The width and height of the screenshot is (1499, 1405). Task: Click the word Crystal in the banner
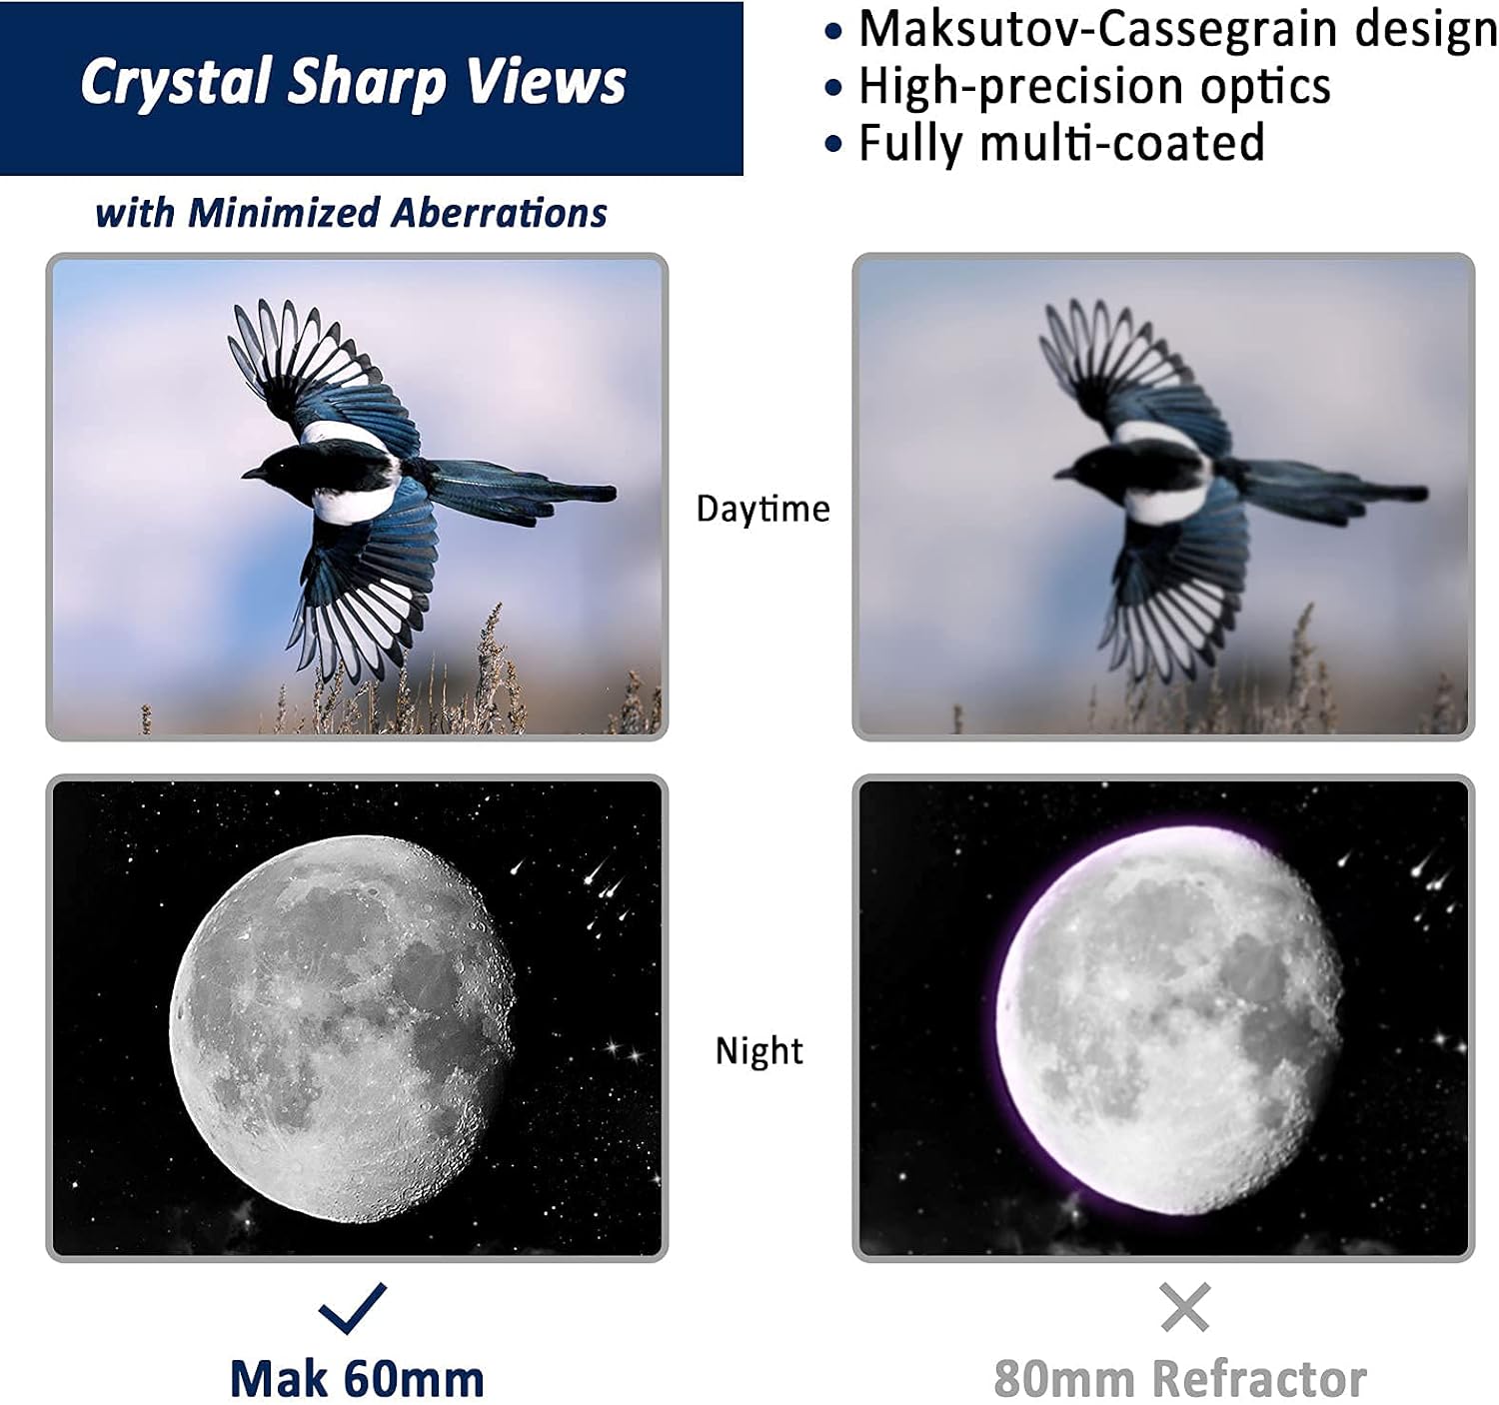pyautogui.click(x=176, y=82)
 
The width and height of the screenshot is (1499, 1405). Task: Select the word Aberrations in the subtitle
pyautogui.click(x=499, y=213)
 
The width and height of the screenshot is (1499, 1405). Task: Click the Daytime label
pyautogui.click(x=763, y=509)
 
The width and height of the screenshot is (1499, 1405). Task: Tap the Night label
pyautogui.click(x=759, y=1050)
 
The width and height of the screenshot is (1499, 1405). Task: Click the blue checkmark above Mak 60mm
pyautogui.click(x=353, y=1308)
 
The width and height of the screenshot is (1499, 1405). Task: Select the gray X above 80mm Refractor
pyautogui.click(x=1185, y=1307)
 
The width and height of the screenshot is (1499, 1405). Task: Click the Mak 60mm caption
pyautogui.click(x=357, y=1379)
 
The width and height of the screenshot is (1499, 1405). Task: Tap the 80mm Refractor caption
pyautogui.click(x=1180, y=1379)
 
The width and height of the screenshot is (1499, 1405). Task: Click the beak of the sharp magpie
pyautogui.click(x=252, y=474)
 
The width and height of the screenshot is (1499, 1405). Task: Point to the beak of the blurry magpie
pyautogui.click(x=1063, y=474)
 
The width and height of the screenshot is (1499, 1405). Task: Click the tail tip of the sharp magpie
pyautogui.click(x=609, y=494)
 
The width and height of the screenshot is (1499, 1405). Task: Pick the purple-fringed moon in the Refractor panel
pyautogui.click(x=1167, y=1020)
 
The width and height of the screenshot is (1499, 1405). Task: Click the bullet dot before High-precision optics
pyautogui.click(x=833, y=88)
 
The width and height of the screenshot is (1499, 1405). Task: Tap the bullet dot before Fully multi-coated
pyautogui.click(x=833, y=144)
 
